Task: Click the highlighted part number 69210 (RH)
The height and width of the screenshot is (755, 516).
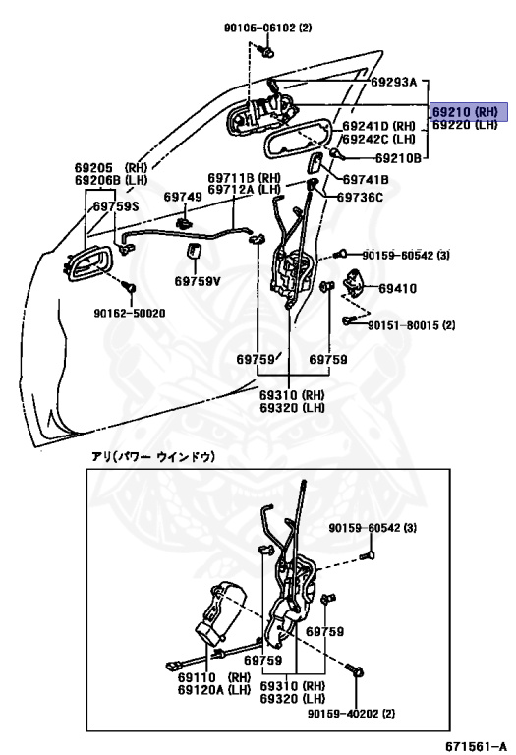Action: point(467,113)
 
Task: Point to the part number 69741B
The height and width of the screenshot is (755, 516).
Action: point(366,179)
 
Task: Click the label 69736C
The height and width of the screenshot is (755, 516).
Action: point(360,197)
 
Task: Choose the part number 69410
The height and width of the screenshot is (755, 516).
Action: point(398,289)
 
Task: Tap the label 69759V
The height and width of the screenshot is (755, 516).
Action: point(198,280)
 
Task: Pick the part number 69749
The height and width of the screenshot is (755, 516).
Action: point(183,197)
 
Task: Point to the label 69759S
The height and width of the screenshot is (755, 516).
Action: point(116,206)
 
